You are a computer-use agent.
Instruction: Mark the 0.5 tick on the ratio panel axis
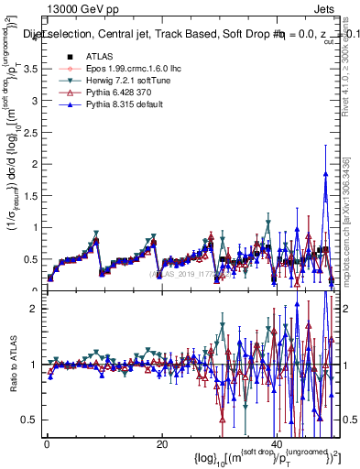pyautogui.click(x=31, y=420)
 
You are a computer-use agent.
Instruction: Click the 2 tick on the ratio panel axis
pyautogui.click(x=35, y=309)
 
